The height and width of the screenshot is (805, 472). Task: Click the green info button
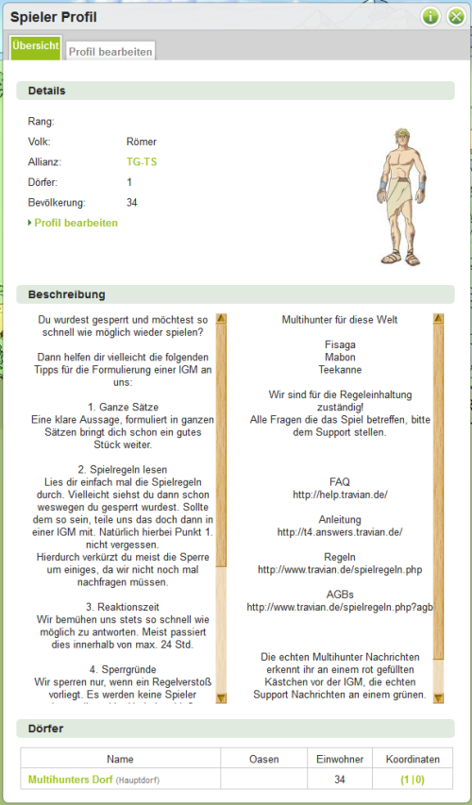click(x=430, y=16)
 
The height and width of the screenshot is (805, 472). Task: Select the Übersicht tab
click(x=36, y=47)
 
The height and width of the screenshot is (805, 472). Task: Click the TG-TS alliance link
click(x=142, y=162)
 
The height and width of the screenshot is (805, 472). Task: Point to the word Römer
click(x=142, y=142)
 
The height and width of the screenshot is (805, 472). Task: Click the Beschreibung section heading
click(x=66, y=294)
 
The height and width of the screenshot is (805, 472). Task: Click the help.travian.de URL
click(x=340, y=495)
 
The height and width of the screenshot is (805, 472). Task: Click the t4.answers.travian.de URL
click(x=340, y=532)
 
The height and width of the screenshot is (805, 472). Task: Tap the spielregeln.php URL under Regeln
click(x=340, y=570)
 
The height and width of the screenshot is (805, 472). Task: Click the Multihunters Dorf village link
click(x=71, y=780)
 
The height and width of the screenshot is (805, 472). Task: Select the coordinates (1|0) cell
click(x=413, y=780)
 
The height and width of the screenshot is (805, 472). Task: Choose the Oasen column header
click(x=263, y=758)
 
